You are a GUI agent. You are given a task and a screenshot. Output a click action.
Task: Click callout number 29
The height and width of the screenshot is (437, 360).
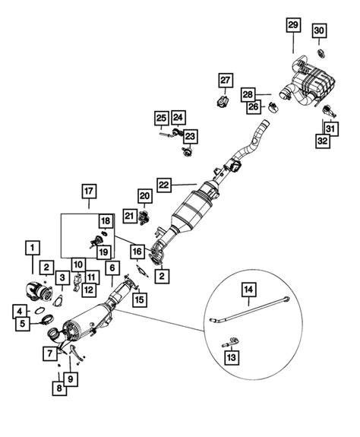coord(293,26)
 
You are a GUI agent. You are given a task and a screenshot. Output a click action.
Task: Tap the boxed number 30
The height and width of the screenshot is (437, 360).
coord(320,30)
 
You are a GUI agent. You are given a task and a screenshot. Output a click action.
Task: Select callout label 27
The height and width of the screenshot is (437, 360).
coord(225,81)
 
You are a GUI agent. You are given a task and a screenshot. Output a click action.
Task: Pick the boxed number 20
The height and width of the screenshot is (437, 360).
coord(145,196)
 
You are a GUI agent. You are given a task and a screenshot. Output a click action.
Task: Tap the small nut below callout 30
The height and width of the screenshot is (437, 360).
coord(320,52)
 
